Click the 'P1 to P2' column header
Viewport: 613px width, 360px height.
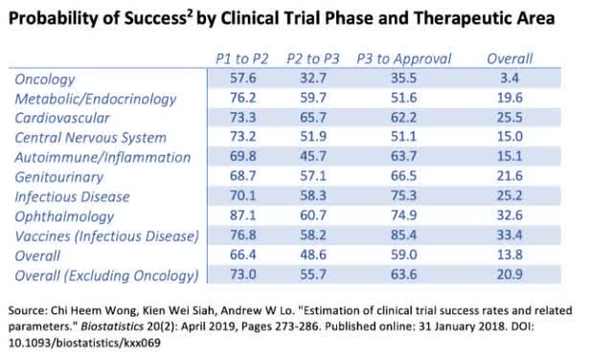click(238, 59)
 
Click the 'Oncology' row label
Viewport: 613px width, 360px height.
click(45, 78)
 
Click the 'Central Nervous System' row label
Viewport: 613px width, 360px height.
click(90, 138)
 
